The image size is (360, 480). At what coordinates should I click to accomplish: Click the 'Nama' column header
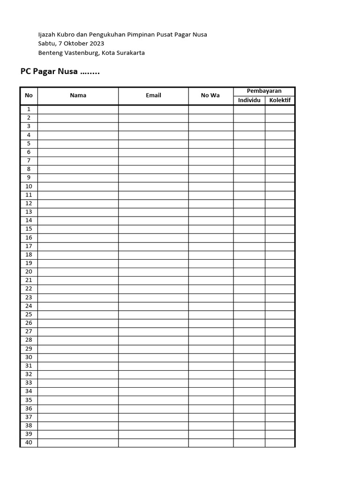(78, 96)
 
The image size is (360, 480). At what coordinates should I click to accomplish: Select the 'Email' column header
(153, 96)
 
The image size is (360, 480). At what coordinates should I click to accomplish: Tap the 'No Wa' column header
(210, 96)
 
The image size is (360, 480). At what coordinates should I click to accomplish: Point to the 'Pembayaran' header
(264, 91)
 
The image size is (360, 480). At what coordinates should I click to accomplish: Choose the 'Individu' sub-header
(249, 100)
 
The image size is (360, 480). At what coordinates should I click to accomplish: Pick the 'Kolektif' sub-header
(280, 100)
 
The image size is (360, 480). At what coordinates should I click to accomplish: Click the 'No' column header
(29, 96)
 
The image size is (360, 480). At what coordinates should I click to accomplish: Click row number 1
(29, 109)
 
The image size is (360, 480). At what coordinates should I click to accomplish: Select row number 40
(29, 442)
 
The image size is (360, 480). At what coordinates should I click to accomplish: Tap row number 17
(29, 246)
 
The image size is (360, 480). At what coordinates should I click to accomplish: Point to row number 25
(29, 315)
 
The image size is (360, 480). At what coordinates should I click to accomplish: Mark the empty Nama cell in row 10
(78, 186)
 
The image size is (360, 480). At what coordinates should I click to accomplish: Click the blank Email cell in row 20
(153, 272)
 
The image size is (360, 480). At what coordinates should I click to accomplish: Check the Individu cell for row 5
(249, 143)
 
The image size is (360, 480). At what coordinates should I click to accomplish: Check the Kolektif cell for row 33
(280, 383)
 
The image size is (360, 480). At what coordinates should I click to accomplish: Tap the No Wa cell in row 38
(210, 426)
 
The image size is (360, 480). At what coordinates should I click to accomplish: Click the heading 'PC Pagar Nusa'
(49, 72)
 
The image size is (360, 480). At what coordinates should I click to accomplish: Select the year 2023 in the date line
(95, 44)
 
